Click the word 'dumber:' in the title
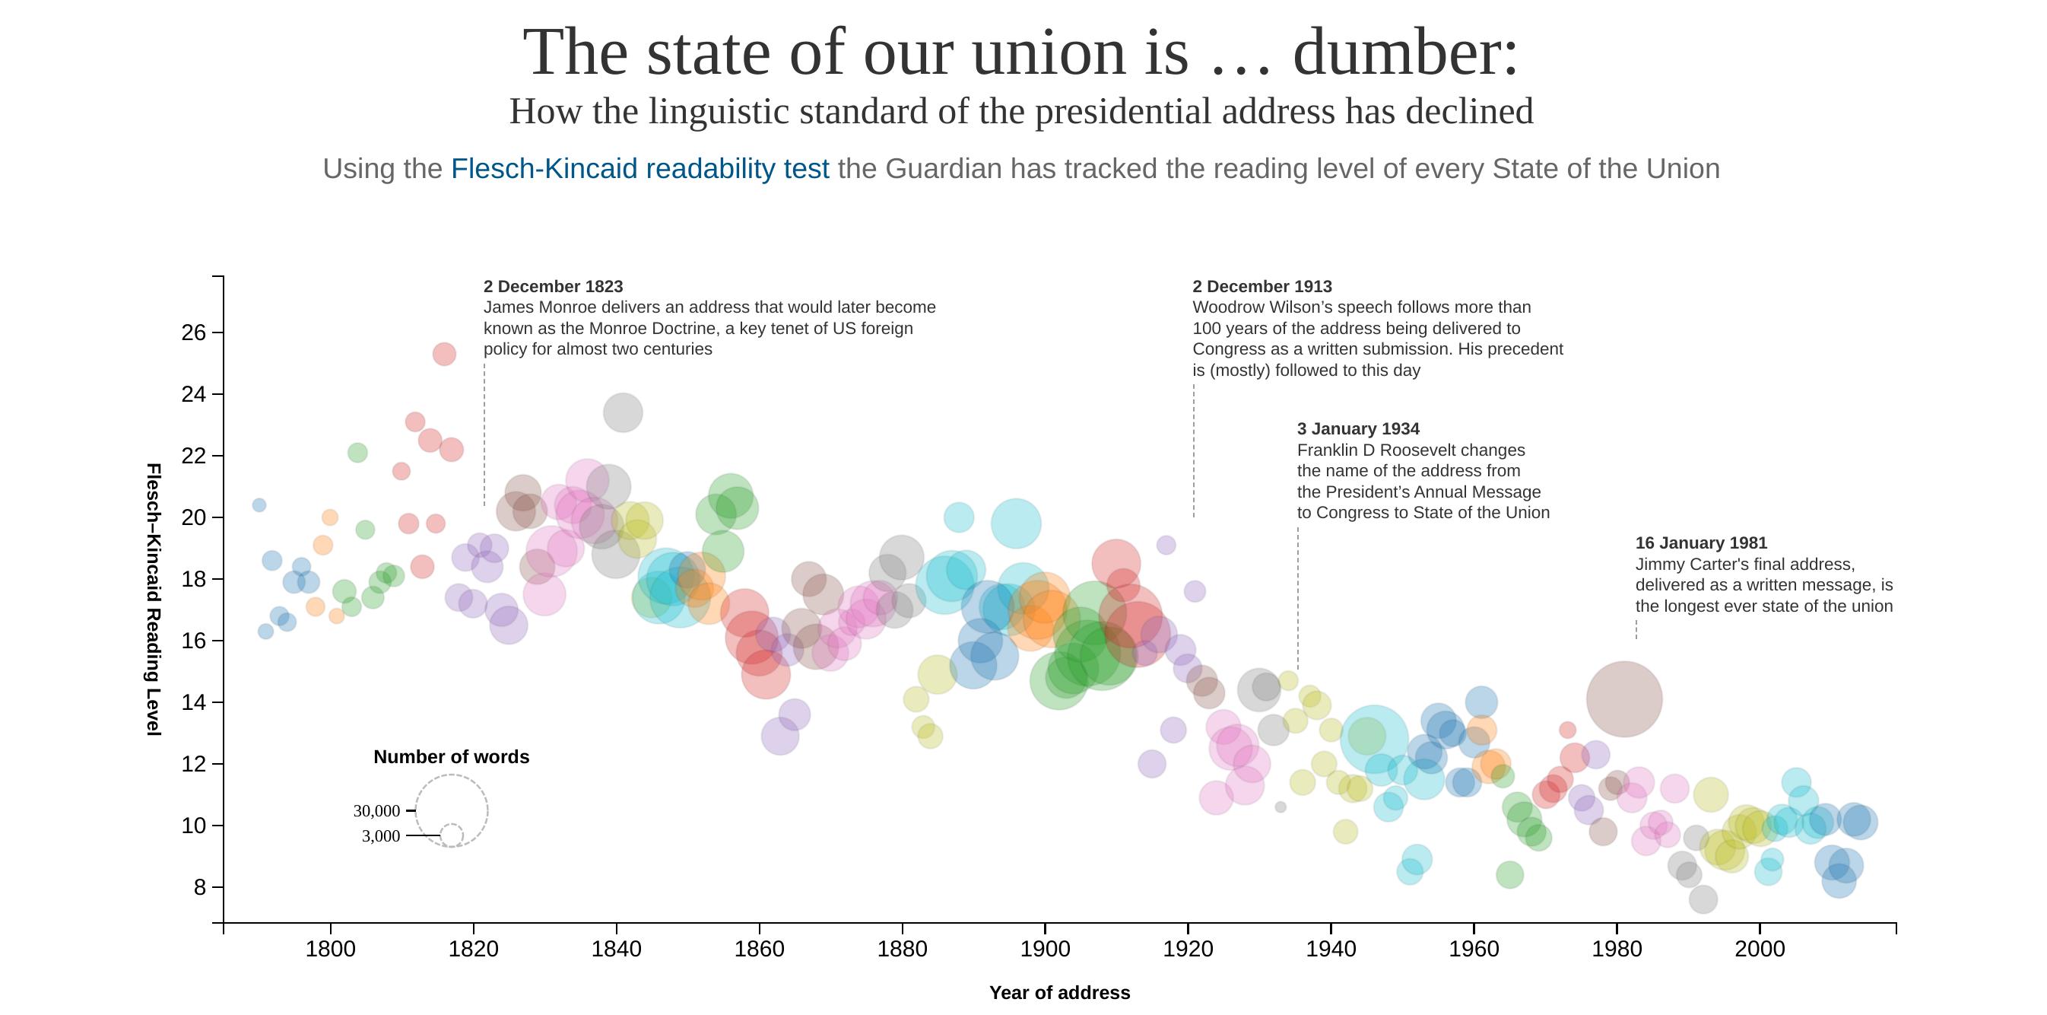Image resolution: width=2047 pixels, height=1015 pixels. coord(1405,52)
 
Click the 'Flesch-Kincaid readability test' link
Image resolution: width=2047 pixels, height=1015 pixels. coord(639,168)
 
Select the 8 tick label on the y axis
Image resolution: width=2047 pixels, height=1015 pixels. coord(199,887)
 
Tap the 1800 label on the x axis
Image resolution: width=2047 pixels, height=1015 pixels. coord(330,949)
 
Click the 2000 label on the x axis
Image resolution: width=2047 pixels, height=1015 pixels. coord(1760,949)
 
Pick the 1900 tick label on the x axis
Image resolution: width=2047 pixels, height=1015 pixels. coord(1045,949)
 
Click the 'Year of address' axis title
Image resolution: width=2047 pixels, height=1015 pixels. coord(1059,993)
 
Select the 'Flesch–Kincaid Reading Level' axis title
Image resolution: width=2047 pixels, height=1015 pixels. coord(154,600)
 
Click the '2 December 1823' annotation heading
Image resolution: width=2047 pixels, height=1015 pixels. coord(553,286)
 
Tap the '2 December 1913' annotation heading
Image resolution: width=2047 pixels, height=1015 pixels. coord(1262,286)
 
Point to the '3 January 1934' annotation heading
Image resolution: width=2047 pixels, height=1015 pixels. coord(1358,428)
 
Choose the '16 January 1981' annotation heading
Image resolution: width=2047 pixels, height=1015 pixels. coord(1700,542)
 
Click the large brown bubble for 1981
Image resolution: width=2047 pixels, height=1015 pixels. coord(1623,698)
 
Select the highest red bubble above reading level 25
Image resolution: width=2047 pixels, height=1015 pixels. coord(444,354)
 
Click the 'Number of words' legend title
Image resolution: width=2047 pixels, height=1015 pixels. coord(452,756)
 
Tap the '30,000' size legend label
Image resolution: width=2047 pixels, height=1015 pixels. coord(376,811)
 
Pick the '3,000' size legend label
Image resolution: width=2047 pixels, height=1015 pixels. coord(381,836)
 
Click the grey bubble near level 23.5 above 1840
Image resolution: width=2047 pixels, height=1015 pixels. coord(623,412)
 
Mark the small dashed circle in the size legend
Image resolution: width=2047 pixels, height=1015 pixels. coord(452,835)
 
